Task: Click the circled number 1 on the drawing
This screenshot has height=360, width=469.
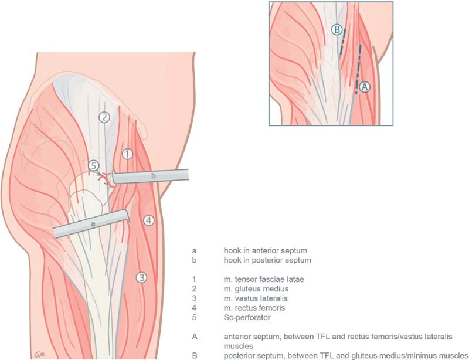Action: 128,154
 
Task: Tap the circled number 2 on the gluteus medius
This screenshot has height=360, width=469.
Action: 104,117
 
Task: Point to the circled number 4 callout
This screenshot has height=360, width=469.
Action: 149,220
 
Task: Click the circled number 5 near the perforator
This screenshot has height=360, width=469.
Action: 94,166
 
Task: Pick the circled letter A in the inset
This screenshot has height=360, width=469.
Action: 365,86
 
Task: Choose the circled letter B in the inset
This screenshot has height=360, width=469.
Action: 337,30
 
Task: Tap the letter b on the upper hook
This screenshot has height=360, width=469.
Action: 153,175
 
